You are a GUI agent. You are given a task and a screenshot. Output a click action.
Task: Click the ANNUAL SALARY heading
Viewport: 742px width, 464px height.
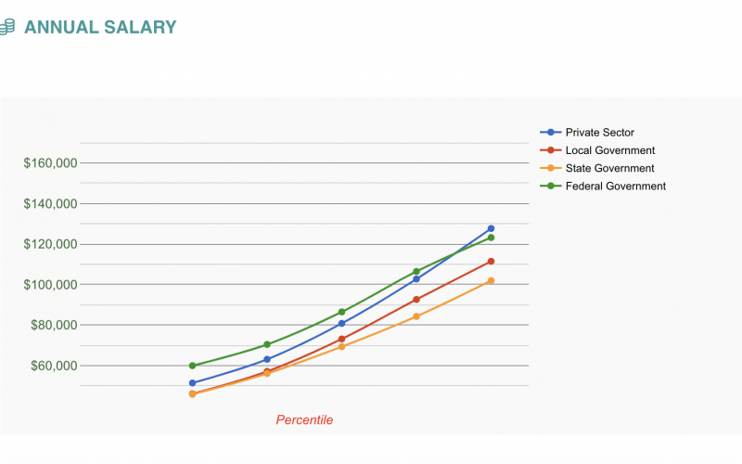(100, 27)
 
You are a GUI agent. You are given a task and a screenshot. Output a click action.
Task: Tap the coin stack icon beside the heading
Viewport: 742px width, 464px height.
(7, 27)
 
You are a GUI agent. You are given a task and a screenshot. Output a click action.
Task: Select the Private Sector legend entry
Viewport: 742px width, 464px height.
(599, 133)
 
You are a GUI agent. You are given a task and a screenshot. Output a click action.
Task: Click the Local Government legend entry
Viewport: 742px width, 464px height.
(609, 150)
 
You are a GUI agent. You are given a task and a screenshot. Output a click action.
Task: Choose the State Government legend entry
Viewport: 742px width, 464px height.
(609, 168)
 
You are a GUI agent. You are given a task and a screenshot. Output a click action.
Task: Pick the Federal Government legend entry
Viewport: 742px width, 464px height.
(615, 186)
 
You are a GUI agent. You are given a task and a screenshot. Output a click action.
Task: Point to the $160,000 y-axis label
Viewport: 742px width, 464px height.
(51, 163)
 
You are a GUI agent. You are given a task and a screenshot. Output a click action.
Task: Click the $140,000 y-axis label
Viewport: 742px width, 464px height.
(51, 204)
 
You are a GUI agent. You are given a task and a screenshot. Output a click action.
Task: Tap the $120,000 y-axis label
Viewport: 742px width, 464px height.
(51, 244)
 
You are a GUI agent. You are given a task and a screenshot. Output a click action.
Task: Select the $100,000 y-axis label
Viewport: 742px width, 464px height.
(51, 285)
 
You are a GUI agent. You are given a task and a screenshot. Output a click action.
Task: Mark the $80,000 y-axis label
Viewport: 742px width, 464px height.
(54, 326)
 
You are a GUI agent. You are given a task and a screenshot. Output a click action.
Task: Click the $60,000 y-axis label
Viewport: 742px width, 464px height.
(54, 366)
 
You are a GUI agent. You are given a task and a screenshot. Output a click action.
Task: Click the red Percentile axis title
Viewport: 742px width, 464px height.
(304, 420)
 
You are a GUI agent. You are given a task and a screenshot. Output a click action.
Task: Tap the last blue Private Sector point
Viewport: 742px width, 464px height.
(491, 228)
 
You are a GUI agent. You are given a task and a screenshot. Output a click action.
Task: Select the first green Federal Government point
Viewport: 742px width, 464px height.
(192, 366)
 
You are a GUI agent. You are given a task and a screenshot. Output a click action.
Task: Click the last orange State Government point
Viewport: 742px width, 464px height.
(491, 280)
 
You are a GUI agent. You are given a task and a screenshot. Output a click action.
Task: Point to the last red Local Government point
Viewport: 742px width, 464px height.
(491, 262)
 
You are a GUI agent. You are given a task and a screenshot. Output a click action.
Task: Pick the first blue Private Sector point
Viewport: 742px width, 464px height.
(192, 383)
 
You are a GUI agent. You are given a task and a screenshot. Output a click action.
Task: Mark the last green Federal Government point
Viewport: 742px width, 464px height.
(491, 238)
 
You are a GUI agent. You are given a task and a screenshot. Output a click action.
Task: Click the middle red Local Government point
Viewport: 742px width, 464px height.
(341, 339)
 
